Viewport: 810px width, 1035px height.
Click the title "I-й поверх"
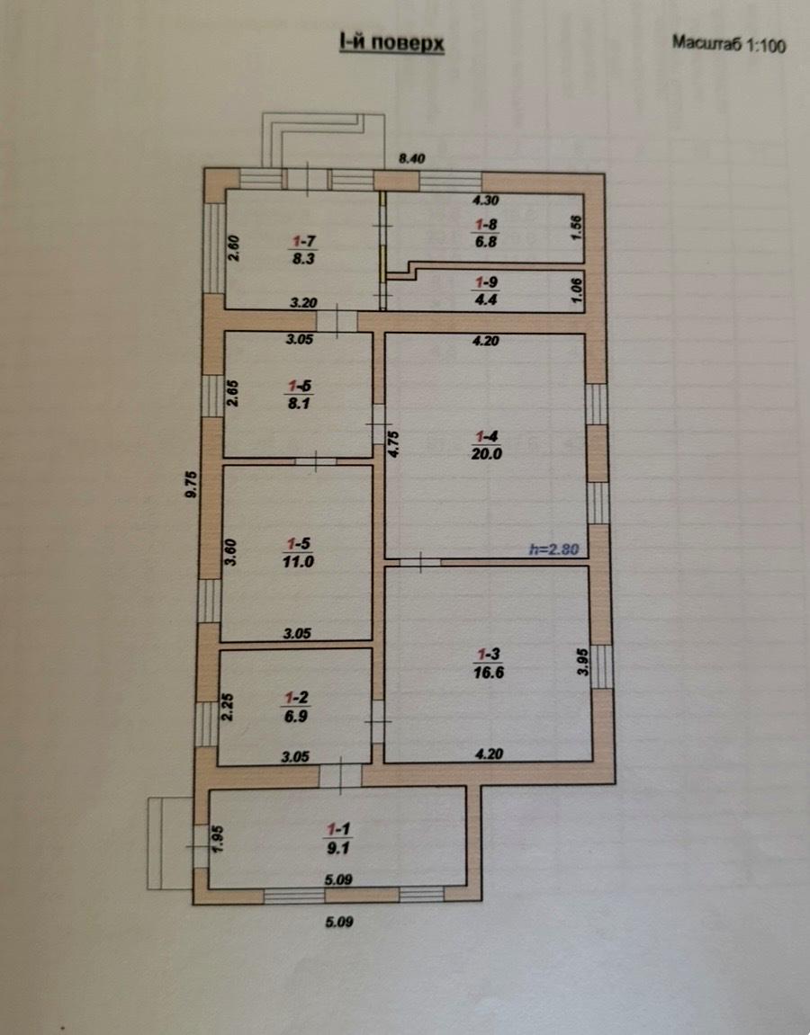(x=391, y=43)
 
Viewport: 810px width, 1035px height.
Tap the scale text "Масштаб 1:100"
(x=729, y=43)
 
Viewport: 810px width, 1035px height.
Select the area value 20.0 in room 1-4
(x=486, y=453)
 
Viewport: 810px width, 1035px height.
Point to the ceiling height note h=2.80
(x=553, y=549)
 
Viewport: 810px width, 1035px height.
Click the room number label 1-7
(x=304, y=241)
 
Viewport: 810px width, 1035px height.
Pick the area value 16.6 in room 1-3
(x=488, y=672)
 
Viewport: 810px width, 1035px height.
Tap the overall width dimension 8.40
(x=411, y=158)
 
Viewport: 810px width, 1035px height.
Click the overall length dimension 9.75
(x=191, y=484)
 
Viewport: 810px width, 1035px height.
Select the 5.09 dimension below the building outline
(x=339, y=922)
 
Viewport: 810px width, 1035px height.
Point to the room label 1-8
(x=486, y=225)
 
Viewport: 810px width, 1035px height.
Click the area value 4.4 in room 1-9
(x=486, y=299)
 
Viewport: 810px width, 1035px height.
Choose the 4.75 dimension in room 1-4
(x=393, y=444)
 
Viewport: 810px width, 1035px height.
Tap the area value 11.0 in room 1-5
(x=298, y=562)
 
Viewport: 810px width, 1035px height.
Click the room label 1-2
(x=296, y=698)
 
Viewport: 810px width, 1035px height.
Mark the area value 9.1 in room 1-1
(x=337, y=848)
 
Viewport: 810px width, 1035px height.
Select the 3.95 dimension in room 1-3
(x=582, y=662)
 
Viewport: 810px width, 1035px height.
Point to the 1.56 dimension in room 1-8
(x=576, y=228)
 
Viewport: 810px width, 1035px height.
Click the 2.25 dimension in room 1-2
(x=227, y=707)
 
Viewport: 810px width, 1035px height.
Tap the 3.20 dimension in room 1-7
(x=303, y=303)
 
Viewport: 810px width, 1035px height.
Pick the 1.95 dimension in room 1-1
(x=218, y=839)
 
